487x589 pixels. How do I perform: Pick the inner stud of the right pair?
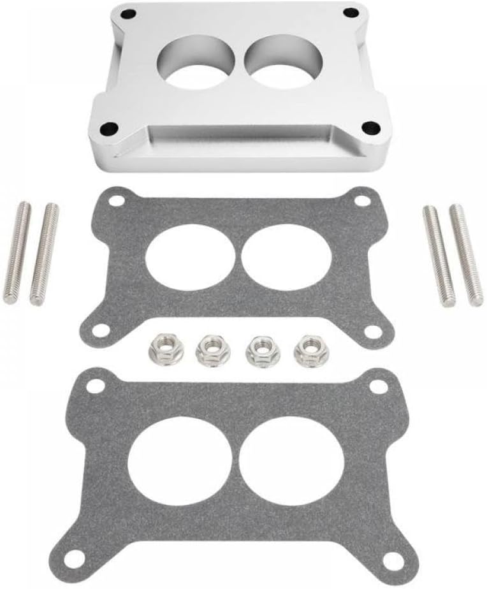[439, 256]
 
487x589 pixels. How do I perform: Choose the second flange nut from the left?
[209, 350]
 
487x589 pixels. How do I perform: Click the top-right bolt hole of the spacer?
[349, 13]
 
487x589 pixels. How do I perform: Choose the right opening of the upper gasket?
[286, 256]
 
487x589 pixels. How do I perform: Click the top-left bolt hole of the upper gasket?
[116, 201]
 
